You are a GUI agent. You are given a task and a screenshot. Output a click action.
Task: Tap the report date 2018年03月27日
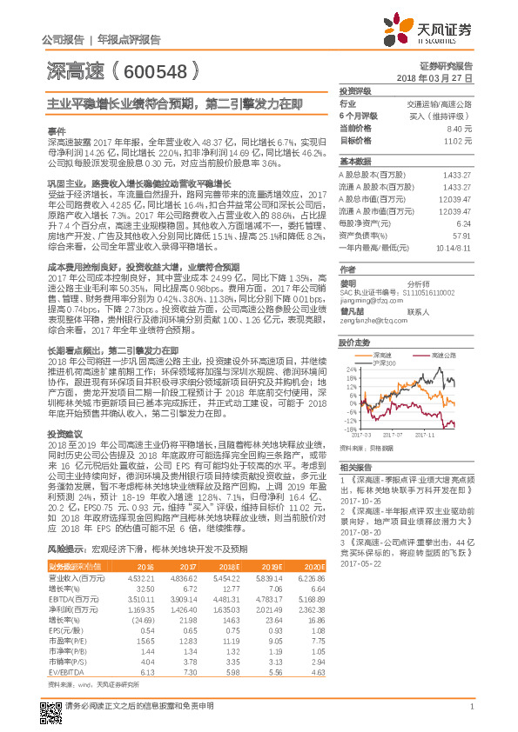coord(441,77)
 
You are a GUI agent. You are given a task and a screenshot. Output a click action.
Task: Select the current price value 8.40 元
coord(459,128)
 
